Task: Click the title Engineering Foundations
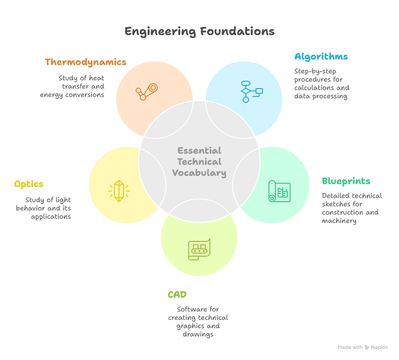pos(199,31)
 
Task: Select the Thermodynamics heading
pos(85,62)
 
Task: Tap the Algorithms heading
pos(321,57)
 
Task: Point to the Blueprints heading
pos(346,181)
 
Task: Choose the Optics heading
pos(29,184)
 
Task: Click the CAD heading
pos(177,294)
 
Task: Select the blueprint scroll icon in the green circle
pos(279,191)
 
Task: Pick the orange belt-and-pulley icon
pos(147,91)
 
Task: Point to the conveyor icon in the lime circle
pos(199,249)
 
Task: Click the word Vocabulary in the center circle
pos(199,173)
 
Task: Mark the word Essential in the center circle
pos(199,150)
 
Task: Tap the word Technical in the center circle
pos(199,162)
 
